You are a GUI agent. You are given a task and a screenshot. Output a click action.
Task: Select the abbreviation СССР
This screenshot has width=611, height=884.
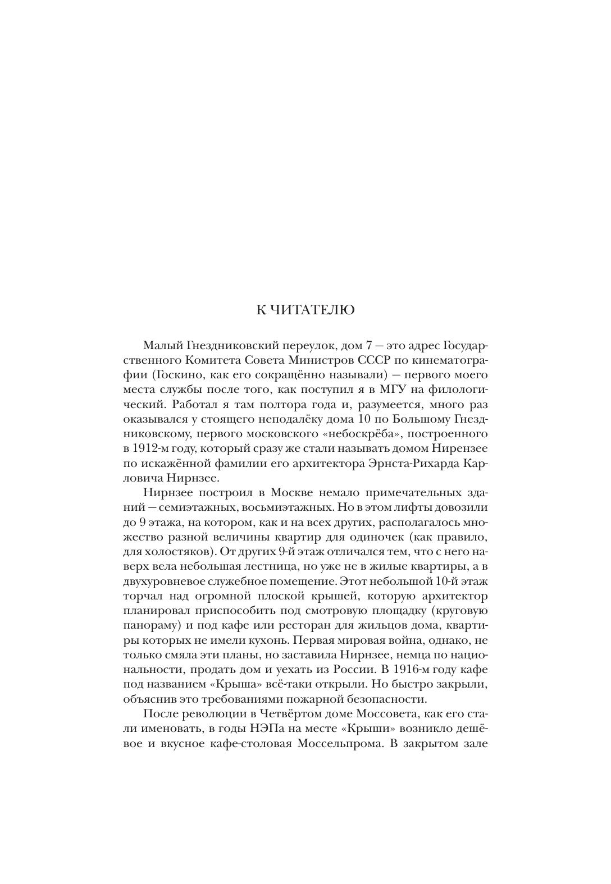354,359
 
